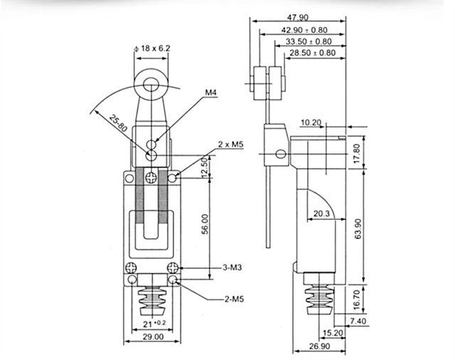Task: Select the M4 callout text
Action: (211, 92)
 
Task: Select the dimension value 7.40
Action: (378, 322)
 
